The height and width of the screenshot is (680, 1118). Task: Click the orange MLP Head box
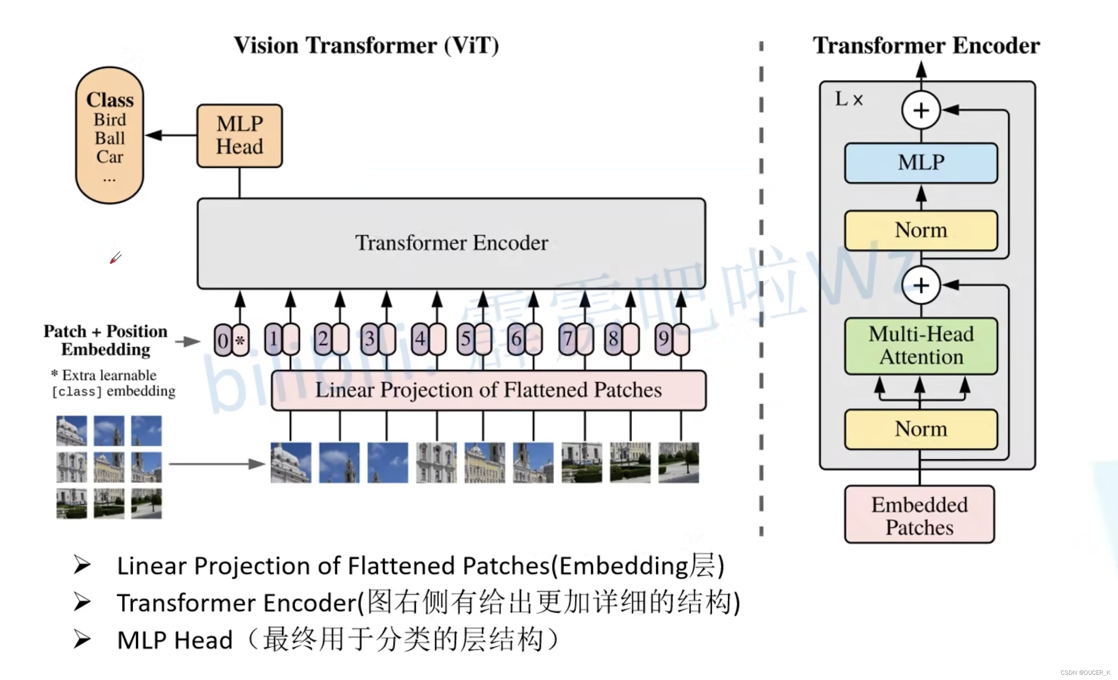click(239, 136)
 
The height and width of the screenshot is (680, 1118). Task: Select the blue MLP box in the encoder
click(920, 163)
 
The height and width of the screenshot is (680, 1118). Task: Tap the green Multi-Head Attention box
click(920, 345)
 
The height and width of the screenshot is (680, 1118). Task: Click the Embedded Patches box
click(919, 515)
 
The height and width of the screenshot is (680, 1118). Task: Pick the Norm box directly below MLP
click(920, 230)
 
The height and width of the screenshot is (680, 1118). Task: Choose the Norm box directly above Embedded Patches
click(920, 429)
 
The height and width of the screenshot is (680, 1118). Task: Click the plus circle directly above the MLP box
click(920, 111)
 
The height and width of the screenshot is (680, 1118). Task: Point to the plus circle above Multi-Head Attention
click(920, 285)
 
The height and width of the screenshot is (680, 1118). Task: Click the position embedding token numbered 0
click(223, 340)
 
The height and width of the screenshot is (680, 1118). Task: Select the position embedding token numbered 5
click(465, 339)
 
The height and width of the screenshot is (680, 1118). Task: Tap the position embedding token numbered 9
click(664, 339)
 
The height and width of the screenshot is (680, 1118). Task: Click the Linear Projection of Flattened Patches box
click(488, 390)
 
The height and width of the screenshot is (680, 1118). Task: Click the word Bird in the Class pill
click(110, 120)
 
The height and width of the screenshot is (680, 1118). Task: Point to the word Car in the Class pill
click(110, 157)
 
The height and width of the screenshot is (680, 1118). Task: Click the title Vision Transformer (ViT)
click(366, 46)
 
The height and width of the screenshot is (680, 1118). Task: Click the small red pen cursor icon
click(115, 258)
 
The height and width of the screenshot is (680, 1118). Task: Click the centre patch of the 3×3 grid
click(109, 466)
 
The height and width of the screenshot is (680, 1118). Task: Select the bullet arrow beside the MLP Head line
click(82, 639)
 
